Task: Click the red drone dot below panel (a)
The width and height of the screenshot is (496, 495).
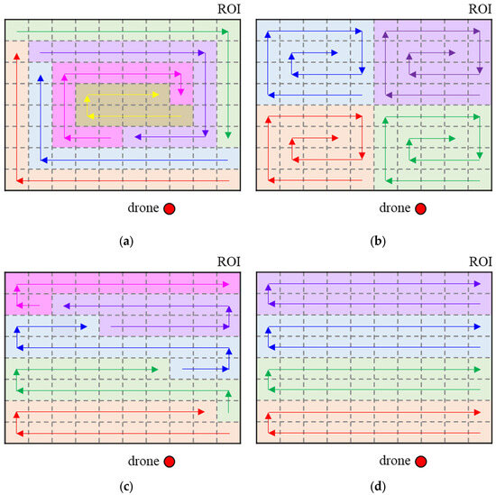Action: coord(169,209)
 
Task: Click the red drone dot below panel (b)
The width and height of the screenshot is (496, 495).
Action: coord(421,209)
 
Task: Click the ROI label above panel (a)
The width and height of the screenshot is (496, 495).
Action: coord(229,9)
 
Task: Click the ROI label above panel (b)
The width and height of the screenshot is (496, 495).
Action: coord(481,9)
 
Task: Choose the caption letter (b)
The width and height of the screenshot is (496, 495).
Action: coord(373,241)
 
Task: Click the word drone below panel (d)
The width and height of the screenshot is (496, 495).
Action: coord(390,209)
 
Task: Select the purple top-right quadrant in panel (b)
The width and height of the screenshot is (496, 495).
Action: coord(433,61)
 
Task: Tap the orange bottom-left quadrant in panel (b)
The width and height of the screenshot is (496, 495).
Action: coord(316,148)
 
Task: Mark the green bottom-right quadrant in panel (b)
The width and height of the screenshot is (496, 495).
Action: coord(433,148)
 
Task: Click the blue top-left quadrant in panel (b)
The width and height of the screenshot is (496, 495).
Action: coord(316,61)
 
